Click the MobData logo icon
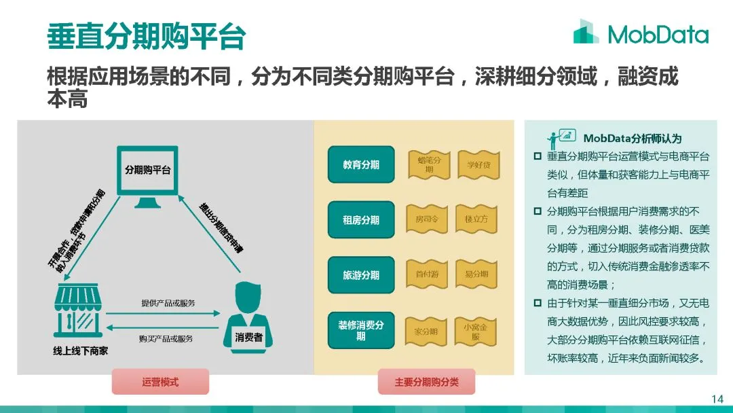pyautogui.click(x=586, y=32)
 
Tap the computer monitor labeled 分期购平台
pyautogui.click(x=147, y=176)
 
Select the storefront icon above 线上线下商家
pyautogui.click(x=79, y=310)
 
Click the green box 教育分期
pyautogui.click(x=360, y=164)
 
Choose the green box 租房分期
pyautogui.click(x=360, y=220)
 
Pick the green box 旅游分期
pyautogui.click(x=360, y=275)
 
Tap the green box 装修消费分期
pyautogui.click(x=360, y=330)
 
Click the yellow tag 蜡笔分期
pyautogui.click(x=429, y=165)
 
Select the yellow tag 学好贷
pyautogui.click(x=478, y=165)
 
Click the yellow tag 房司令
pyautogui.click(x=429, y=219)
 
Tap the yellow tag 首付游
pyautogui.click(x=429, y=274)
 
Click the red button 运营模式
pyautogui.click(x=160, y=382)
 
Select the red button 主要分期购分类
pyautogui.click(x=426, y=382)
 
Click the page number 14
pyautogui.click(x=717, y=399)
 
